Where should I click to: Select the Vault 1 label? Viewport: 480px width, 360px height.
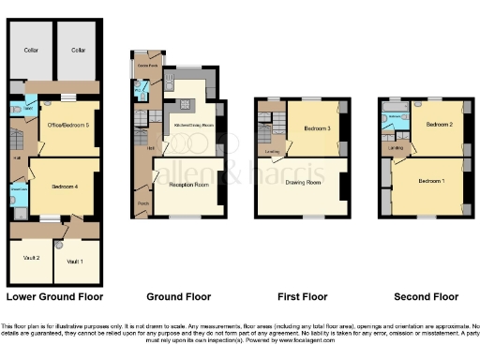coord(74,261)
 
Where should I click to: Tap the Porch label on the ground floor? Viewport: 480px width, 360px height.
coord(143,203)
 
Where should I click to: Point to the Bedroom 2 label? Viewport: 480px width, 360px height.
coord(439,124)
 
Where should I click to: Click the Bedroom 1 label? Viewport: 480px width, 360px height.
coord(432,180)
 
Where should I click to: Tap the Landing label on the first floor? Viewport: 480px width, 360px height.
coord(273,151)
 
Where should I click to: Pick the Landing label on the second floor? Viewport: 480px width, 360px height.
coord(397,146)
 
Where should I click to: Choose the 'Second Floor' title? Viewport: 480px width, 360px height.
coord(426,296)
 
